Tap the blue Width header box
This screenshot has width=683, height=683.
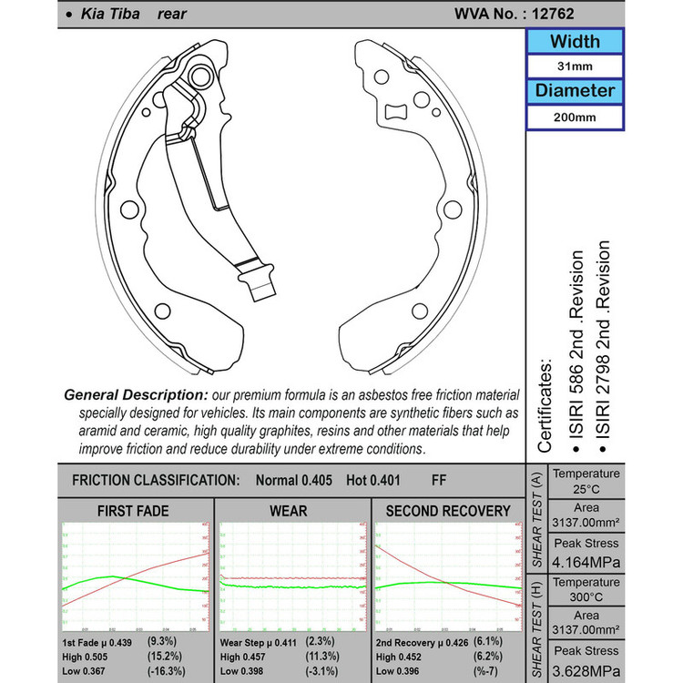574,42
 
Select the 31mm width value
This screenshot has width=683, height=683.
574,66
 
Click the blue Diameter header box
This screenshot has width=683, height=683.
574,91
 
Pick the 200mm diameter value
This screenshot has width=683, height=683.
574,117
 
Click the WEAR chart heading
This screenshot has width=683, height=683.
289,510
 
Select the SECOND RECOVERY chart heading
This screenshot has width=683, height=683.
448,510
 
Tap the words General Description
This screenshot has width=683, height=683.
136,396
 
